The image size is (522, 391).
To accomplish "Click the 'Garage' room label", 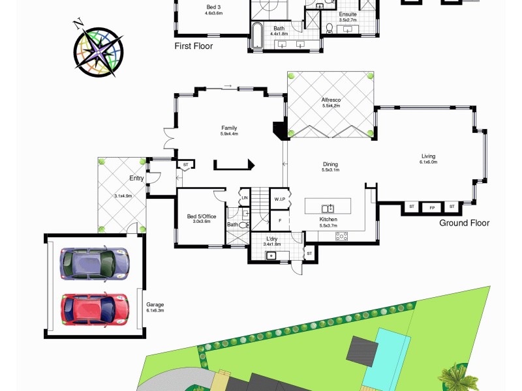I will pyautogui.click(x=155, y=304).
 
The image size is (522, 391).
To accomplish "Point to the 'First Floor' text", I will pyautogui.click(x=193, y=46).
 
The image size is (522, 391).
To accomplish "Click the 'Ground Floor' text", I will pyautogui.click(x=464, y=223).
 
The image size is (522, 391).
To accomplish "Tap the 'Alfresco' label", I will pyautogui.click(x=331, y=100).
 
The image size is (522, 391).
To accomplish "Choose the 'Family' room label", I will pyautogui.click(x=229, y=128).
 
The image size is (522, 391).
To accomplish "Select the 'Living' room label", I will pyautogui.click(x=428, y=156).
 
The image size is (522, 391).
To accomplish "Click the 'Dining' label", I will pyautogui.click(x=330, y=165).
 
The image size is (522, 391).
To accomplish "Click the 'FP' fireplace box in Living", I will pyautogui.click(x=431, y=207).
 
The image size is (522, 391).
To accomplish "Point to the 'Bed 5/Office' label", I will pyautogui.click(x=202, y=216).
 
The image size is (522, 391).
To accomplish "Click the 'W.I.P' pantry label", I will pyautogui.click(x=280, y=199).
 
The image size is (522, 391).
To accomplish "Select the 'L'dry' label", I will pyautogui.click(x=272, y=240).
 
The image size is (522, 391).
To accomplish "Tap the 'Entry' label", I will pyautogui.click(x=137, y=178).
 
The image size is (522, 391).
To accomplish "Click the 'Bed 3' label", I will pyautogui.click(x=214, y=8).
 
